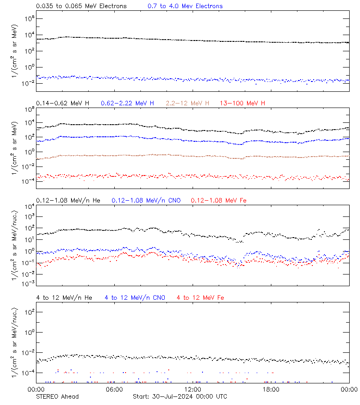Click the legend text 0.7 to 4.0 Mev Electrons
click(x=185, y=6)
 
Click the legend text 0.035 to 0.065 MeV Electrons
click(x=81, y=6)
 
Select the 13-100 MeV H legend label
click(x=243, y=103)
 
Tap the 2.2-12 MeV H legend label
click(x=187, y=103)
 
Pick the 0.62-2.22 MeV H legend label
click(x=127, y=103)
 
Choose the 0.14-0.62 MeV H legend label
click(x=63, y=103)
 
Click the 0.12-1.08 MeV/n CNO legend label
click(x=146, y=200)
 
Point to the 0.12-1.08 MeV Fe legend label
click(x=219, y=200)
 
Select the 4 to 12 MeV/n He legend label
click(x=64, y=297)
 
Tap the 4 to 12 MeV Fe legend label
click(x=200, y=297)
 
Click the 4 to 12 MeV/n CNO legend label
click(x=135, y=297)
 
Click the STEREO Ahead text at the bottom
click(x=57, y=396)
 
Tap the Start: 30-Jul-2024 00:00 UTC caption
click(x=180, y=396)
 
